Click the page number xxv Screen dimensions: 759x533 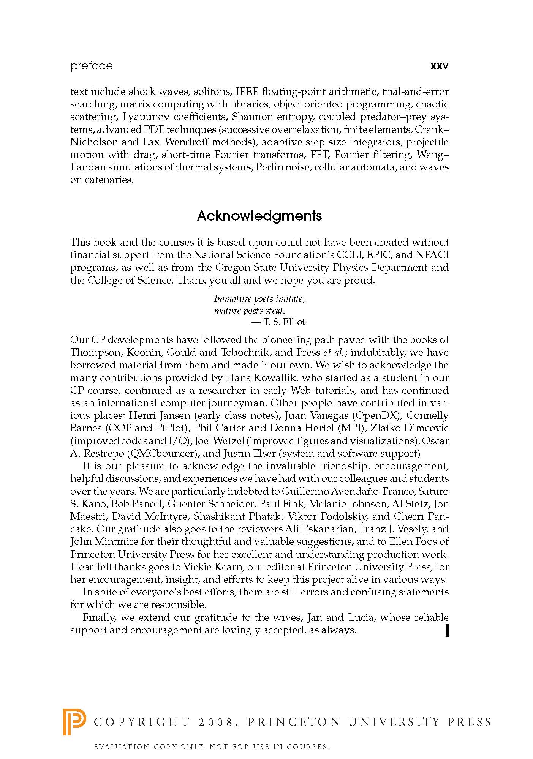439,66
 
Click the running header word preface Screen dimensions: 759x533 92,66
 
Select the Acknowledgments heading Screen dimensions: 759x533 259,216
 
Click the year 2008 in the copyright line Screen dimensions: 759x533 215,722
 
